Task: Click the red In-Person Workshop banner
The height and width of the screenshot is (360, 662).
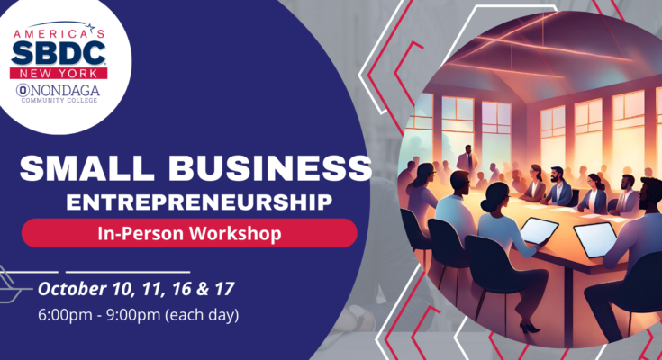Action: click(x=189, y=232)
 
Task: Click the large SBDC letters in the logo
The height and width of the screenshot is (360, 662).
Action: click(x=59, y=51)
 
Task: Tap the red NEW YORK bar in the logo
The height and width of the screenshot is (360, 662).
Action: click(x=59, y=73)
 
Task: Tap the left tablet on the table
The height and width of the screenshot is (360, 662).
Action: click(x=539, y=230)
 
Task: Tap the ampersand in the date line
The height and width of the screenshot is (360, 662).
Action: click(x=200, y=290)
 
